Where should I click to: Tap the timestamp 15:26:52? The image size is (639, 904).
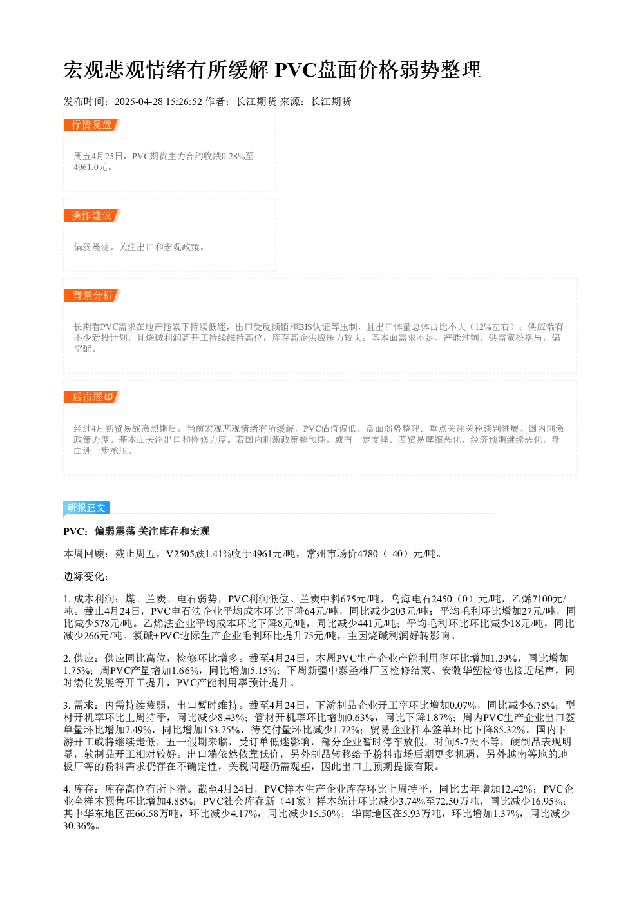click(184, 102)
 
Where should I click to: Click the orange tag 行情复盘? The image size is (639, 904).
click(91, 125)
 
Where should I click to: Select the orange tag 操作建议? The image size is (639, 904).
click(91, 215)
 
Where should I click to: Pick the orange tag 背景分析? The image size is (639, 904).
click(91, 295)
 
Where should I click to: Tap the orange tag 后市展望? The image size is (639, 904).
click(91, 398)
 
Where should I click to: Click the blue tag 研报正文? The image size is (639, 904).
click(86, 508)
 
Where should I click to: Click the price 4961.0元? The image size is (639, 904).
click(90, 168)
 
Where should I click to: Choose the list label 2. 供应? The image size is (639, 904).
click(81, 659)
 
